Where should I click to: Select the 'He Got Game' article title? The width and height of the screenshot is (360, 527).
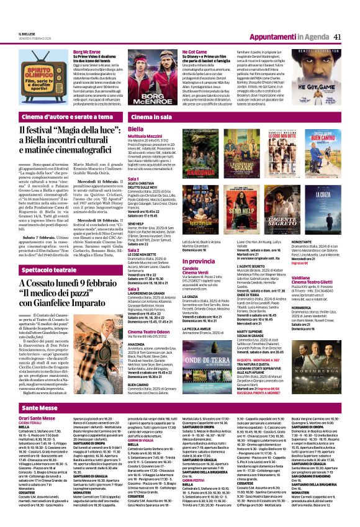194,53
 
